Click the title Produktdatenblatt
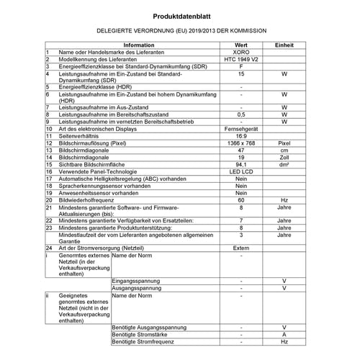point(180,14)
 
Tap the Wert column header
point(241,45)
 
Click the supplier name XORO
point(241,53)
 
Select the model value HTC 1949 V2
point(241,60)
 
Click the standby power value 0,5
point(241,114)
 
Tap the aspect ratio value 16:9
point(241,135)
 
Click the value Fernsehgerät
point(241,128)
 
